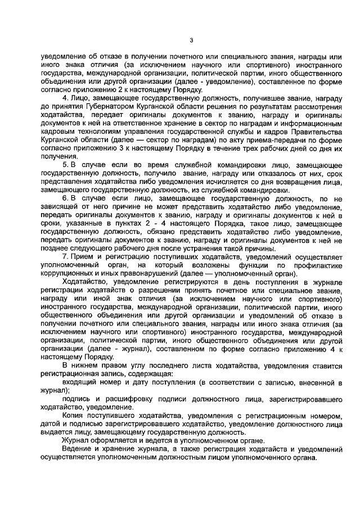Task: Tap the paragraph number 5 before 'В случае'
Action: coord(64,164)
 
